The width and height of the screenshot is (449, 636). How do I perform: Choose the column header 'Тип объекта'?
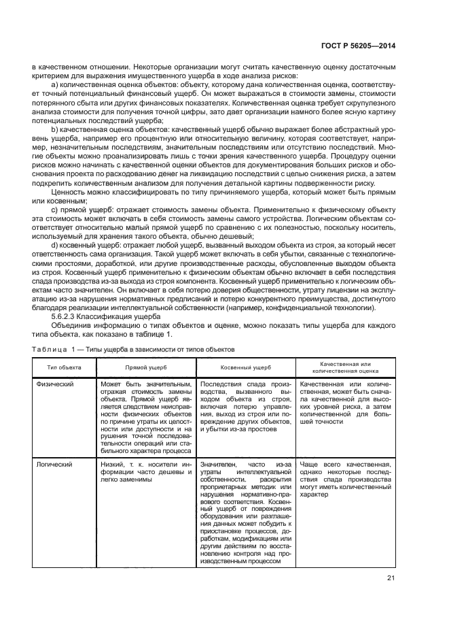pyautogui.click(x=65, y=367)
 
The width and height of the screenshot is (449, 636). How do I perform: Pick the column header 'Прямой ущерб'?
pyautogui.click(x=146, y=367)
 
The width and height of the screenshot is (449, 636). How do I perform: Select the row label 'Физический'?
pyautogui.click(x=56, y=384)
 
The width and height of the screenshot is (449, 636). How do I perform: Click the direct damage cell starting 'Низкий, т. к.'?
pyautogui.click(x=146, y=471)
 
